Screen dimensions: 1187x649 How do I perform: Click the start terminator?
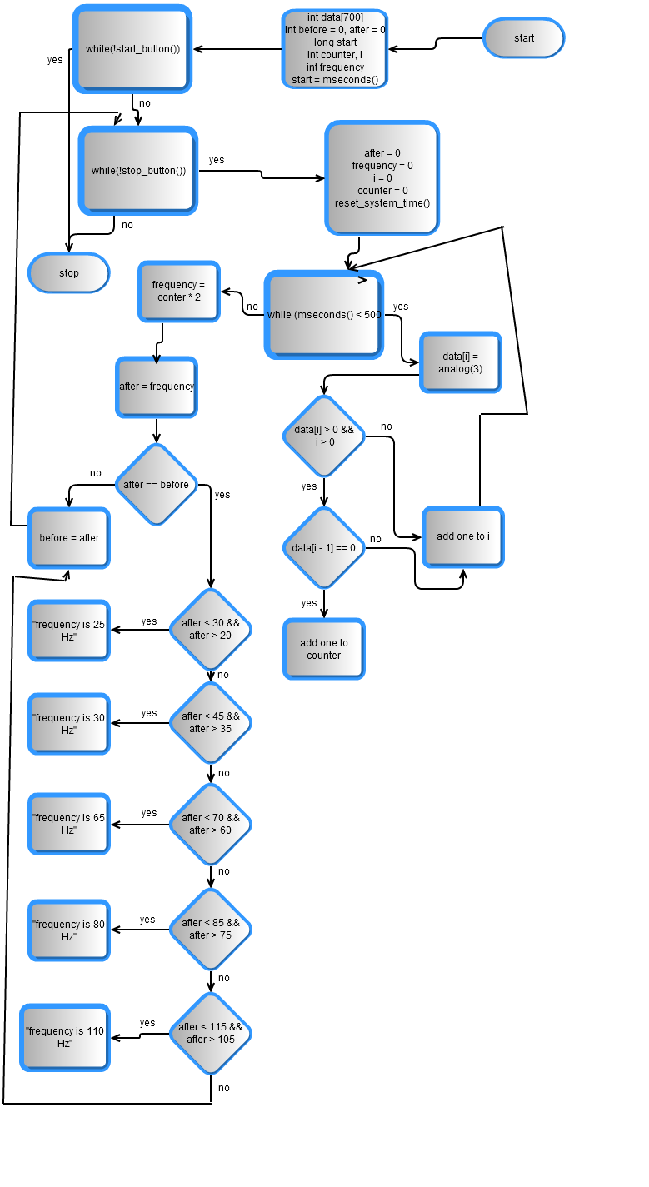click(x=523, y=38)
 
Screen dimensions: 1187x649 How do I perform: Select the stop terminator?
click(x=69, y=273)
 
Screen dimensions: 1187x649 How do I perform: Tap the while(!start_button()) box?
click(x=132, y=48)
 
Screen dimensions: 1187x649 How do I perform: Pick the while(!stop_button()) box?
click(x=138, y=171)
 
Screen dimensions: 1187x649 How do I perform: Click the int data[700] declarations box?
click(x=335, y=49)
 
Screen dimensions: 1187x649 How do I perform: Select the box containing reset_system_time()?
click(x=382, y=178)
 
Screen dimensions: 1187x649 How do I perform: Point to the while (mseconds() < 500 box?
click(x=324, y=315)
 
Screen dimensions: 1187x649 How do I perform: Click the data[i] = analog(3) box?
click(x=460, y=362)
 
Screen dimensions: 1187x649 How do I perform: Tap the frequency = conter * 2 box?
click(x=179, y=292)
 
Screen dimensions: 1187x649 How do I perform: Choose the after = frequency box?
click(x=157, y=387)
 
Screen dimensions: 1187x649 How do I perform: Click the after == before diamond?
click(x=157, y=485)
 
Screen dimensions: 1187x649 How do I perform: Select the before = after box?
click(x=69, y=538)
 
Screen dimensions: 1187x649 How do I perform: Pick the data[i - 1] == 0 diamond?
click(x=324, y=548)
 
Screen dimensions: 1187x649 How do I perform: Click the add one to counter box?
click(x=324, y=649)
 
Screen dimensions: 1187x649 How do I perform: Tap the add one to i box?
click(x=463, y=536)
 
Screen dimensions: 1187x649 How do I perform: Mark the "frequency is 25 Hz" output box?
click(x=69, y=631)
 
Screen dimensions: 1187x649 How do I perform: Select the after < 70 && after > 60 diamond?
click(x=211, y=824)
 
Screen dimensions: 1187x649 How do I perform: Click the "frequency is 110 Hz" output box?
click(x=65, y=1037)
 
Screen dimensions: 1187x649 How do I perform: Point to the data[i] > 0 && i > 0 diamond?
click(x=324, y=436)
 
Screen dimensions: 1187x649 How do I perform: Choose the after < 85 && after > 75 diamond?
click(x=211, y=929)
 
